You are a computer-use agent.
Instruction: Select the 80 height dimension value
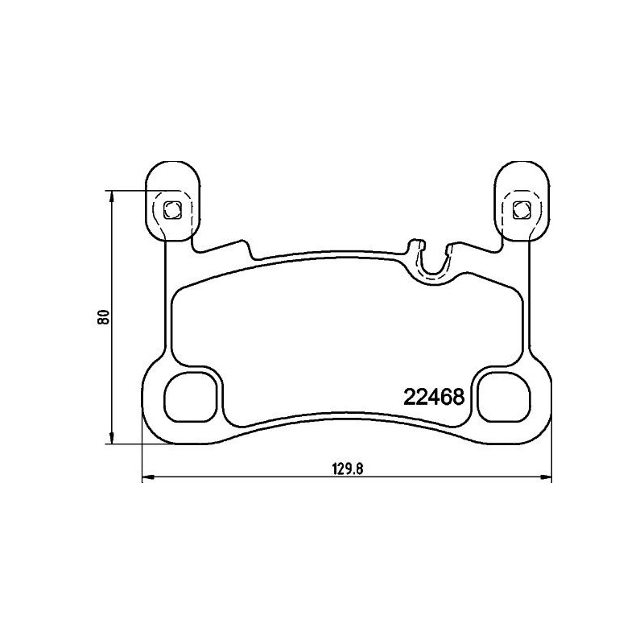(102, 316)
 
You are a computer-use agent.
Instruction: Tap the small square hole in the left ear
(171, 211)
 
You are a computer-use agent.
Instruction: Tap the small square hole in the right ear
(521, 211)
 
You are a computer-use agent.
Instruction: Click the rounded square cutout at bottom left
(191, 396)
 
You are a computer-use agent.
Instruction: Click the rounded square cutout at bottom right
(501, 396)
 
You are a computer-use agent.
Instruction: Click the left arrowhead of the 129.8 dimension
(146, 479)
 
